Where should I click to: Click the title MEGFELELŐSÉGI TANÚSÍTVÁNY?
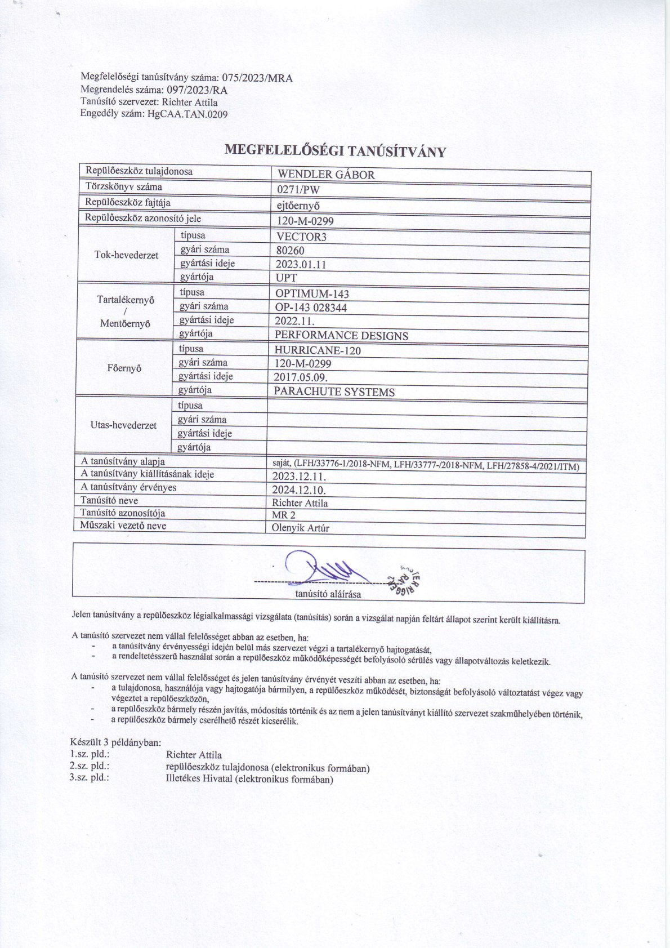335,151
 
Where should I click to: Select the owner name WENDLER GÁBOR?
326,175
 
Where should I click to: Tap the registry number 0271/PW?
298,190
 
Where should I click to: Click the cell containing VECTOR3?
301,237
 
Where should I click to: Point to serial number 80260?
291,251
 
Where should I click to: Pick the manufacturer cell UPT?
286,278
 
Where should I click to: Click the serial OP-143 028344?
311,308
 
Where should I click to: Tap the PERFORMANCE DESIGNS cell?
341,336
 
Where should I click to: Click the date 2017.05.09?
301,377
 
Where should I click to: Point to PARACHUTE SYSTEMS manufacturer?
334,392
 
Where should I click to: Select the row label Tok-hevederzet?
126,255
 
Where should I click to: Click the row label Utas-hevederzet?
123,425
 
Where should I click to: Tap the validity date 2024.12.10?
299,489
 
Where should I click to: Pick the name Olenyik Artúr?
300,528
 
